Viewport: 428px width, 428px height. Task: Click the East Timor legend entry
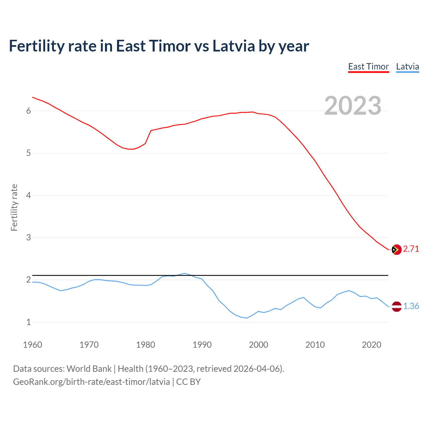[x=368, y=67]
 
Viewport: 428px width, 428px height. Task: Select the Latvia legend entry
[x=407, y=67]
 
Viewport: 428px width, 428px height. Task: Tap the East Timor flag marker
[x=397, y=249]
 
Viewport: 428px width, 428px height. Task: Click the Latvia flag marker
[x=397, y=306]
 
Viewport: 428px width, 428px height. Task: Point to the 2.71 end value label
[x=411, y=249]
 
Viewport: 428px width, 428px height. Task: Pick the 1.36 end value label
[x=411, y=306]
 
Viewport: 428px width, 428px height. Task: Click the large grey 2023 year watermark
[x=353, y=106]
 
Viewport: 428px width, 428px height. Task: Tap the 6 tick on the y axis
[x=28, y=111]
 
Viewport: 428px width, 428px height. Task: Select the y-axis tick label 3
[x=28, y=238]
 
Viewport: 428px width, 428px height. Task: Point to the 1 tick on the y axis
[x=28, y=322]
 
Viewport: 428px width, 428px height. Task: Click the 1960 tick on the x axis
[x=32, y=345]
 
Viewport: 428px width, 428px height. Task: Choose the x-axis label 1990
[x=202, y=345]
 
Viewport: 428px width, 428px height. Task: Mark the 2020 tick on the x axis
[x=371, y=345]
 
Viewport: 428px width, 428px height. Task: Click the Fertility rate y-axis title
[x=14, y=207]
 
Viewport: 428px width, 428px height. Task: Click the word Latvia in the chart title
[x=234, y=46]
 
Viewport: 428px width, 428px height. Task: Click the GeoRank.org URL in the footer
[x=91, y=382]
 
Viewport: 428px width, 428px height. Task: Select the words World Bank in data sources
[x=89, y=369]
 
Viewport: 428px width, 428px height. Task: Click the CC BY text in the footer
[x=188, y=382]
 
